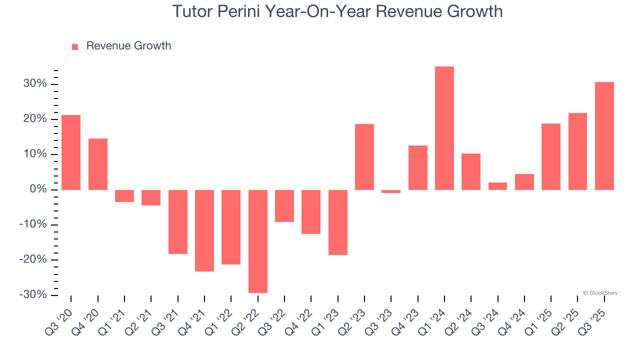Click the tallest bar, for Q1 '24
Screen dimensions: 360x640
click(x=444, y=128)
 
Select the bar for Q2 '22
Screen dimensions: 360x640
click(x=258, y=241)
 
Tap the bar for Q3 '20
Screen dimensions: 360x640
click(x=71, y=152)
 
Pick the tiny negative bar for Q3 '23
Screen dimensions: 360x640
click(x=391, y=191)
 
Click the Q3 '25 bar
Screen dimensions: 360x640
click(x=604, y=136)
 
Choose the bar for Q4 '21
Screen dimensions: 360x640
click(x=204, y=230)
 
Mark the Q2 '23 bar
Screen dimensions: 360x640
click(x=364, y=157)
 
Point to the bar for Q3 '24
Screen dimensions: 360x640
click(x=498, y=186)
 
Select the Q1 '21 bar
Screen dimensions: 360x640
click(x=124, y=196)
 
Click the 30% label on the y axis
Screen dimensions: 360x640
click(x=34, y=84)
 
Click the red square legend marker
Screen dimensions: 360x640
click(x=75, y=46)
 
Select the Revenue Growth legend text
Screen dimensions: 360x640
click(x=128, y=46)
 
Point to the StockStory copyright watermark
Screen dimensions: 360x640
click(x=600, y=293)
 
